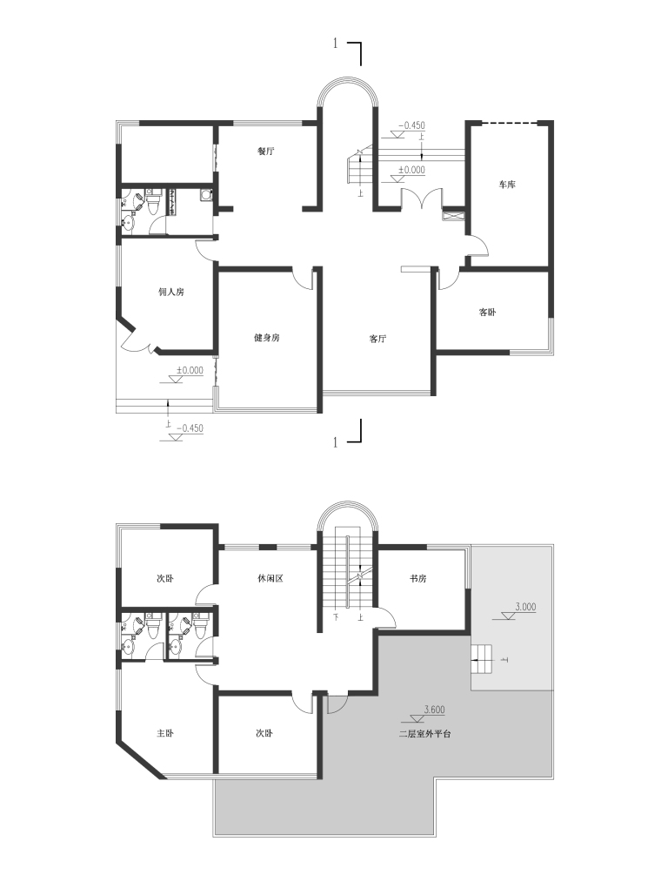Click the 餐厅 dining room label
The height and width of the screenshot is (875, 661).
pos(266,151)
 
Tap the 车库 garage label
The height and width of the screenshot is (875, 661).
pos(506,185)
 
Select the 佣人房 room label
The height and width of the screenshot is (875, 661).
pos(171,292)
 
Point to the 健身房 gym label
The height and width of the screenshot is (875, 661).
pos(266,338)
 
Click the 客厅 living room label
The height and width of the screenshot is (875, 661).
pos(377,339)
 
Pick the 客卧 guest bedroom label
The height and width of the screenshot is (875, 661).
pos(487,313)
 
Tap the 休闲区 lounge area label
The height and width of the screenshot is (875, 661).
pos(270,578)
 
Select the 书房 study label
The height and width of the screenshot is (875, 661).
pos(417,579)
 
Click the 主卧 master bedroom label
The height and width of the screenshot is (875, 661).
pos(165,733)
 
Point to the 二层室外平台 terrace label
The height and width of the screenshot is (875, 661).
pos(424,734)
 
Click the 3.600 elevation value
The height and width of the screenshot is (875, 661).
pos(434,710)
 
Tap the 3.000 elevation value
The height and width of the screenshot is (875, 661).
pos(525,607)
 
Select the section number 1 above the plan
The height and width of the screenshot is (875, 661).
pos(336,44)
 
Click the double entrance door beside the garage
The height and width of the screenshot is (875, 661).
pos(422,199)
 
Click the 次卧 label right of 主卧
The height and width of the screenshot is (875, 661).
pos(264,733)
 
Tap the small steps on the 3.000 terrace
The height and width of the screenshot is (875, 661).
pos(482,659)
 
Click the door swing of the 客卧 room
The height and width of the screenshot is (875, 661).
pos(448,279)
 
